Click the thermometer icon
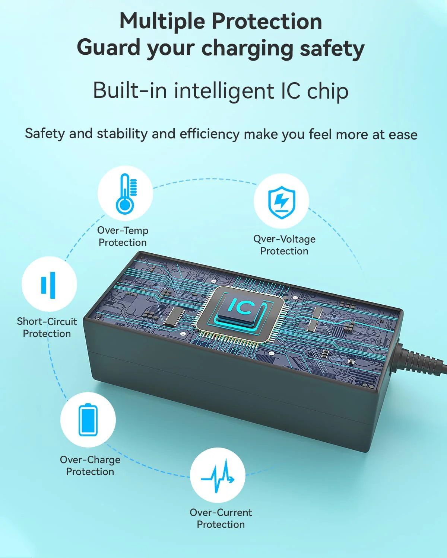pyautogui.click(x=126, y=194)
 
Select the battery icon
pyautogui.click(x=88, y=420)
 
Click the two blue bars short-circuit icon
pyautogui.click(x=48, y=285)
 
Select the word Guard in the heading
pyautogui.click(x=108, y=48)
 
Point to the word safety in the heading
pyautogui.click(x=333, y=49)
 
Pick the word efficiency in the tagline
pyautogui.click(x=209, y=134)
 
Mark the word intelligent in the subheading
pyautogui.click(x=223, y=92)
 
